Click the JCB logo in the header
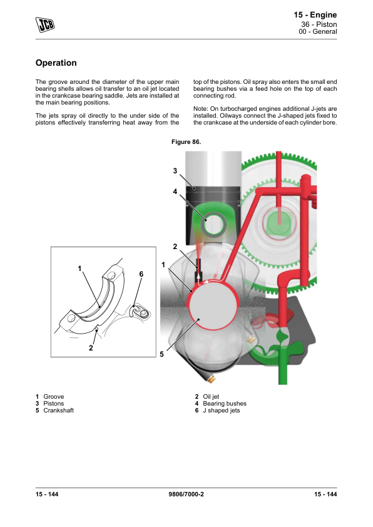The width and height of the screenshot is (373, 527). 45,24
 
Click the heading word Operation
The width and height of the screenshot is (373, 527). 56,63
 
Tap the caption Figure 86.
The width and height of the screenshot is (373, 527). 186,142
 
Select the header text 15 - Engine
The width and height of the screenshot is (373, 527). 315,15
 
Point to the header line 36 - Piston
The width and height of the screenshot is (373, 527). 319,24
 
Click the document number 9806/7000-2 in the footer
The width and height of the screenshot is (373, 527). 186,494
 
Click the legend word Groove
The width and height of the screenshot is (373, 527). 53,397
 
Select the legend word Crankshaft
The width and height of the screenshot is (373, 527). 58,411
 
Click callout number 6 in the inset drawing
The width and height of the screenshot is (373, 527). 141,274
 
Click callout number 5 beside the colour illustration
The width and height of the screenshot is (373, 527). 161,354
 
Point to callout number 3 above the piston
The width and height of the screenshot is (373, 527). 175,171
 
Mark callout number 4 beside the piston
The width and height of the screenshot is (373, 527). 175,192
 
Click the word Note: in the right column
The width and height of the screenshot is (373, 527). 201,109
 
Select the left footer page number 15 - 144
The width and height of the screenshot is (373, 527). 47,494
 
